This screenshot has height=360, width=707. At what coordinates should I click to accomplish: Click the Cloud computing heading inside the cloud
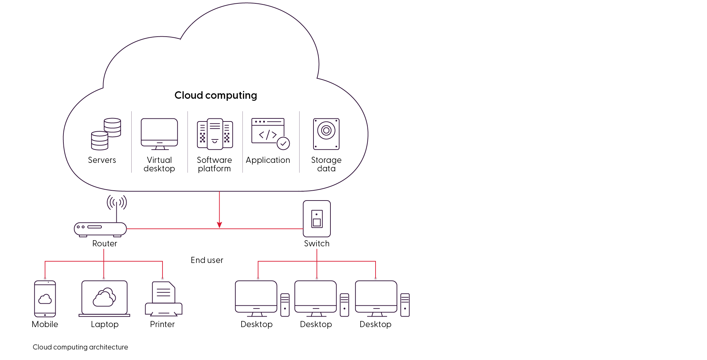(216, 95)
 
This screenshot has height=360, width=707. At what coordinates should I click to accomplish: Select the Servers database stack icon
(106, 134)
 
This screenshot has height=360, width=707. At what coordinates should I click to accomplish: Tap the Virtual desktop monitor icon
(159, 133)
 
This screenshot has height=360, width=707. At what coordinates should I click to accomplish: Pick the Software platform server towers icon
(215, 134)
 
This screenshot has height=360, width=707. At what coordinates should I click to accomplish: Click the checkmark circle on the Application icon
(283, 143)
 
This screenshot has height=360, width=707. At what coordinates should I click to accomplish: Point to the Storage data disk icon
(326, 134)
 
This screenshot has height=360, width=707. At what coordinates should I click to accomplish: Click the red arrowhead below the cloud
(219, 225)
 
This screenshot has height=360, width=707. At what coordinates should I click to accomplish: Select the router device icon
(100, 229)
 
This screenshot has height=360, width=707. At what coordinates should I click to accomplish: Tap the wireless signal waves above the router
(117, 202)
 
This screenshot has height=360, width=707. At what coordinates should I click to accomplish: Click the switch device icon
(317, 219)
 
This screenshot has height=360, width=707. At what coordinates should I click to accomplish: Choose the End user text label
(207, 260)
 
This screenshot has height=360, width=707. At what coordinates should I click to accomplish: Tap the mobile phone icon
(45, 299)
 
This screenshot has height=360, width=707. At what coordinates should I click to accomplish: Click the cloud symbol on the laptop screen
(104, 297)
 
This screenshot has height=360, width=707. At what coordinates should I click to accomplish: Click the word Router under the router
(105, 244)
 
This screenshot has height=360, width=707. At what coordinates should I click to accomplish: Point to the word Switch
(317, 244)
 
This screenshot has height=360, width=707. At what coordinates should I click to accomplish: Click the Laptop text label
(104, 324)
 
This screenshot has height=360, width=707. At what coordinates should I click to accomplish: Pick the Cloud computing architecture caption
(80, 347)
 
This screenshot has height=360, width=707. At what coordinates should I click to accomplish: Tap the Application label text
(268, 160)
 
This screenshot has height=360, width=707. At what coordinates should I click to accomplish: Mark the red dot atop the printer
(163, 279)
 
